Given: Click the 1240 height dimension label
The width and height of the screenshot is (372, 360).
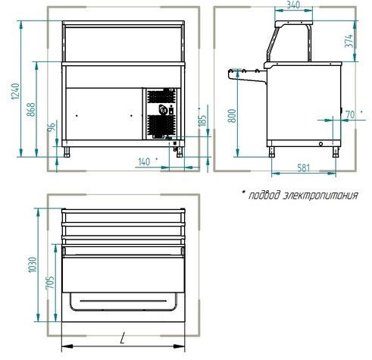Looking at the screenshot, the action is point(15,91).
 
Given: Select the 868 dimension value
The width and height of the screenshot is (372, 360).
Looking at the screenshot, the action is point(31,109).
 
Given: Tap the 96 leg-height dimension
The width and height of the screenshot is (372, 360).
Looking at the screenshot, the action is point(52,127).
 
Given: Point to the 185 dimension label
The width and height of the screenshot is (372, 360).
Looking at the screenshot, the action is point(203,121).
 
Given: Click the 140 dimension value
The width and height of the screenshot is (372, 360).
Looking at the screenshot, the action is point(144,162).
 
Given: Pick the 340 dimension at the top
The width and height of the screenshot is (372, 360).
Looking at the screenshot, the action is point(293,5).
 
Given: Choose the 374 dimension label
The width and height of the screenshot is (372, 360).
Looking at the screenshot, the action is point(349,40).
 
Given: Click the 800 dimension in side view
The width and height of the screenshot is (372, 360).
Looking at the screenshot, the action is point(232,116).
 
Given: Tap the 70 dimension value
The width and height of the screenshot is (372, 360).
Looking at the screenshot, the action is point(350,114).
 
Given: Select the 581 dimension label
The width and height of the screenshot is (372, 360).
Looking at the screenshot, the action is point(303,167).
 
